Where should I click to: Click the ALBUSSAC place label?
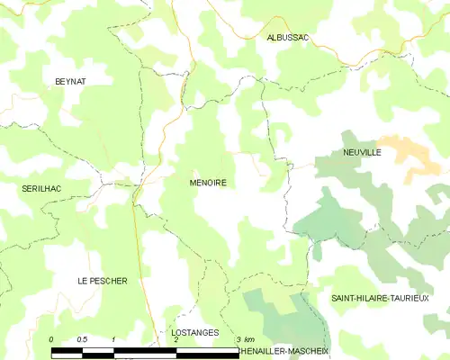coord(288,37)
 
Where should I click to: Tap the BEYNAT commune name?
coord(69,81)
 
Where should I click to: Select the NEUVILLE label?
coord(362,153)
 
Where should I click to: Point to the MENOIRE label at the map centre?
coord(207,183)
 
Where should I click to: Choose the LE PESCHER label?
coord(102,281)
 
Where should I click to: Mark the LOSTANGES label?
coord(194,332)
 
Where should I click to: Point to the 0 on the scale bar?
coord(51,338)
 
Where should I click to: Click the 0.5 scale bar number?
coord(82,338)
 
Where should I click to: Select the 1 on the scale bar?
coord(113,338)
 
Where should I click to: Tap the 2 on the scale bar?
coord(176,339)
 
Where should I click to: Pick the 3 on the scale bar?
coord(236,338)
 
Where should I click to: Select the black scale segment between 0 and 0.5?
coord(67,348)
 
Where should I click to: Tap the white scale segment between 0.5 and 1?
coord(97,348)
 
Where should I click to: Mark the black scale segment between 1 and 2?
coord(144,348)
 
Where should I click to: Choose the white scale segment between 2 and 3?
coord(207,348)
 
